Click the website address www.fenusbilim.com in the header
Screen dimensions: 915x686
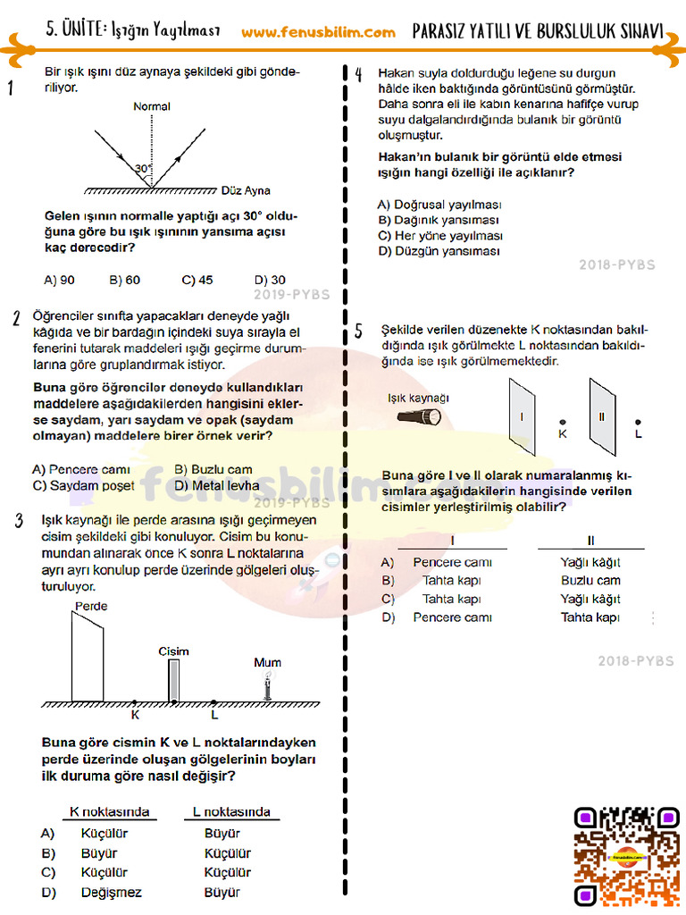(318, 32)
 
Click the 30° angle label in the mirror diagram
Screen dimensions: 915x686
(143, 168)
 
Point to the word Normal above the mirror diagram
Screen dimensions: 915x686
(152, 106)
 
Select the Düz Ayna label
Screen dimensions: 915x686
(245, 190)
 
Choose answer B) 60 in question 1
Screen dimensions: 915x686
(125, 280)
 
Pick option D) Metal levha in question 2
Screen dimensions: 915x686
(217, 485)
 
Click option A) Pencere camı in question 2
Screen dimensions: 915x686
(81, 469)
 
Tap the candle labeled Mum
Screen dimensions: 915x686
(266, 687)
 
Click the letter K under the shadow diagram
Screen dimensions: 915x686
(135, 715)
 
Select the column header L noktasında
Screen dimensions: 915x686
(231, 812)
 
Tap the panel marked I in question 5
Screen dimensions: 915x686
(523, 416)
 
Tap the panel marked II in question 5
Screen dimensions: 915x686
(602, 416)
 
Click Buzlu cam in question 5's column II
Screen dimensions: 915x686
(590, 581)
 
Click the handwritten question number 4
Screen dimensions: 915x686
(357, 76)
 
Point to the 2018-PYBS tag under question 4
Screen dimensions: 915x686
(616, 264)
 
